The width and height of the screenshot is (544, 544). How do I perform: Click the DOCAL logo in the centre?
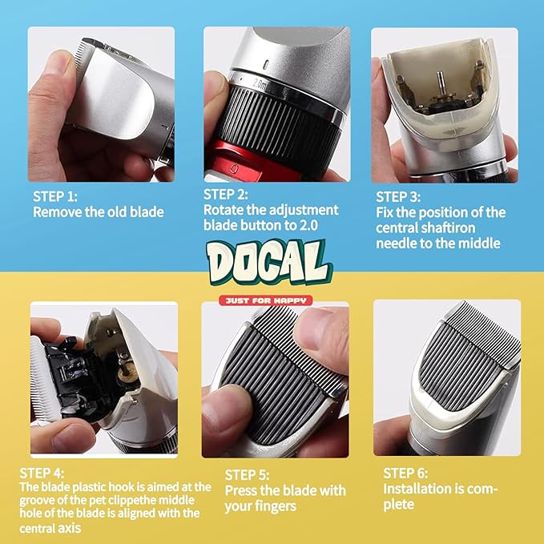click(x=269, y=263)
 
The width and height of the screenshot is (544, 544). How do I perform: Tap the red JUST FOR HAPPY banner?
click(x=266, y=300)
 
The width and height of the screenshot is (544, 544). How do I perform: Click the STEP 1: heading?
click(x=55, y=197)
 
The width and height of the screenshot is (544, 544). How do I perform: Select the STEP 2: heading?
click(x=225, y=195)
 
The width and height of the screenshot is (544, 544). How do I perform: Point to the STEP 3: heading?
click(x=398, y=197)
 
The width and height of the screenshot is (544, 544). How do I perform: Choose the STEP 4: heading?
click(x=42, y=473)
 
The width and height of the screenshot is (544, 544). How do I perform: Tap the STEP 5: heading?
click(x=247, y=475)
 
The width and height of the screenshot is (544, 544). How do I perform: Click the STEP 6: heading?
click(x=405, y=473)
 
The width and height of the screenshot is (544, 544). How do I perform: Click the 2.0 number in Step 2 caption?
click(x=308, y=225)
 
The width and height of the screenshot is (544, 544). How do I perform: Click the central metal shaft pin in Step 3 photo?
click(x=440, y=83)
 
